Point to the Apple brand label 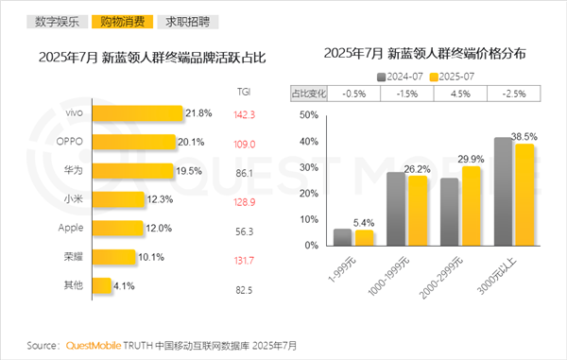click(x=72, y=228)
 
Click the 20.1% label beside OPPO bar click(x=193, y=143)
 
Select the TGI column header click(x=243, y=91)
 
